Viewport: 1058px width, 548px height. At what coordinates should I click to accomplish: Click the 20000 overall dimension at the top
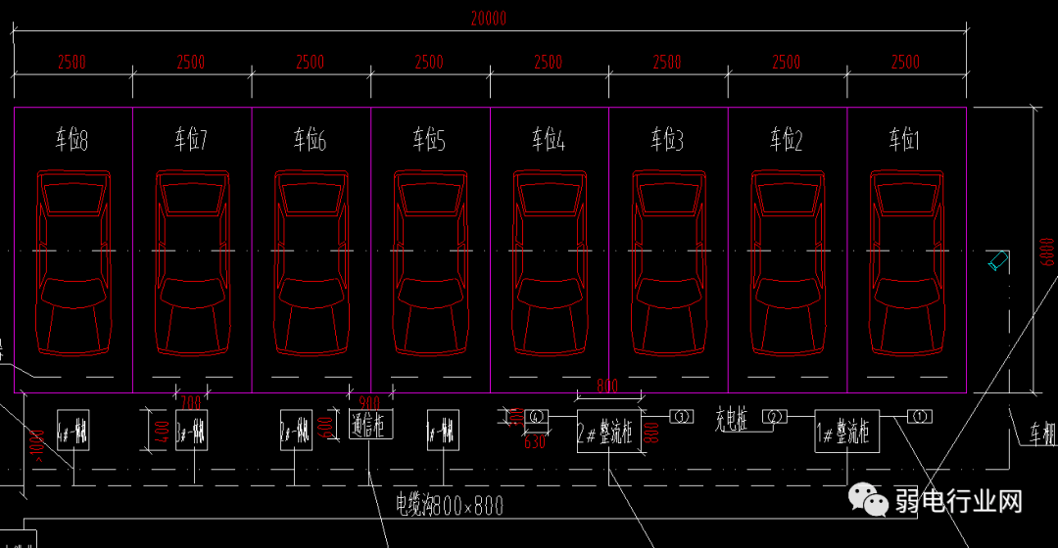tap(488, 18)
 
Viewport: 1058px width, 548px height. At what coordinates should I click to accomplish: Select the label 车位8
tap(72, 141)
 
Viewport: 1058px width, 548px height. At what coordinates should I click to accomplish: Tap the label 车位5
tap(428, 141)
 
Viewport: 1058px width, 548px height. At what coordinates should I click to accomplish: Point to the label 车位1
tap(904, 141)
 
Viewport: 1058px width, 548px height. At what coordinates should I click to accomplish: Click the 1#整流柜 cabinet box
tap(847, 431)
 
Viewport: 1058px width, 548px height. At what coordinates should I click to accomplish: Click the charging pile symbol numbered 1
tap(920, 416)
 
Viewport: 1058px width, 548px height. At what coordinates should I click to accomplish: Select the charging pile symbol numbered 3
tap(681, 417)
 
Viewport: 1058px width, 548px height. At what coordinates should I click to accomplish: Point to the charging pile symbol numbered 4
tap(536, 417)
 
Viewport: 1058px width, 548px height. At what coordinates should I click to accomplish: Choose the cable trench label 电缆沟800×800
tap(450, 505)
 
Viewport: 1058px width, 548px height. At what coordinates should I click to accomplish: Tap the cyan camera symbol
tap(998, 260)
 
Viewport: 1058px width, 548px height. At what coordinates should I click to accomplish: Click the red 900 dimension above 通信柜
tap(369, 402)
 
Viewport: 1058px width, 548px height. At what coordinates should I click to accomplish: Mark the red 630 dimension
tap(534, 442)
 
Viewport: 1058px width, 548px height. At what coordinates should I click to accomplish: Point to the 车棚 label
tap(1041, 432)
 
